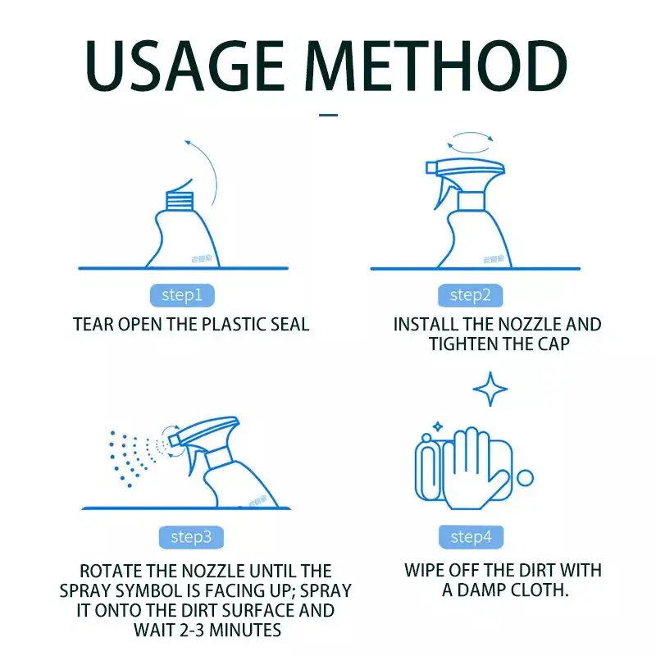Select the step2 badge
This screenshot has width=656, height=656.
(x=470, y=294)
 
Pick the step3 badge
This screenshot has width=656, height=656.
(x=189, y=537)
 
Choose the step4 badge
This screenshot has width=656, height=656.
(x=471, y=537)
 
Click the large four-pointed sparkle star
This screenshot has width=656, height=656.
(x=490, y=389)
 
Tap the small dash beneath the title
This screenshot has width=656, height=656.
(x=328, y=115)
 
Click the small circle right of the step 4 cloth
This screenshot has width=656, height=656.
(x=525, y=478)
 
